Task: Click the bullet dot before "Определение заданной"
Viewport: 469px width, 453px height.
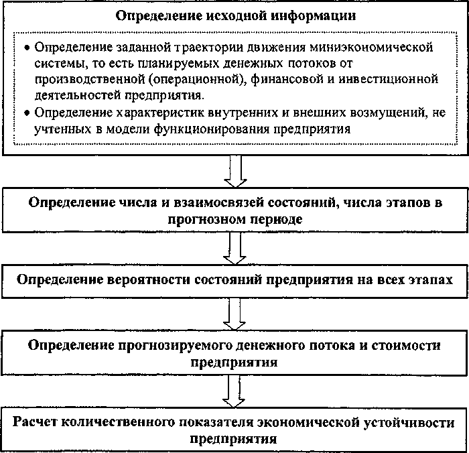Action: [26, 49]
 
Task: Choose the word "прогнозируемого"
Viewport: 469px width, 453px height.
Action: [156, 346]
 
